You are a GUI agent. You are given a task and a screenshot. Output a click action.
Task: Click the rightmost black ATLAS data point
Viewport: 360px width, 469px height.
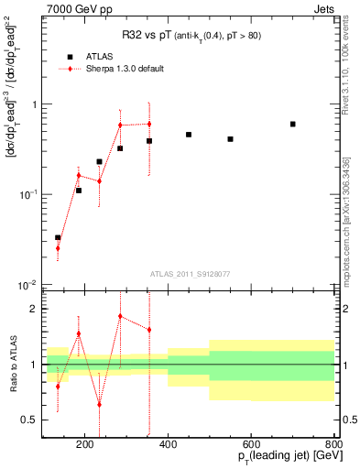[x=292, y=124]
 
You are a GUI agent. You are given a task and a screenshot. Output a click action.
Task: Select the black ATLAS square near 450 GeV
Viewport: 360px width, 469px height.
[x=189, y=135]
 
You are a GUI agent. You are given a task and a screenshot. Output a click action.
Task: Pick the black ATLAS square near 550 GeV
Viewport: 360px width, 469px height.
[x=230, y=139]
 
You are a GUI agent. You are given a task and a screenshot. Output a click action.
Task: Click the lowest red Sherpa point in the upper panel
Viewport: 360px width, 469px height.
[x=58, y=248]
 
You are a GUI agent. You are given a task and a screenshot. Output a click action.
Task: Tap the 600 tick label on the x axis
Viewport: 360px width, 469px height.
[x=251, y=446]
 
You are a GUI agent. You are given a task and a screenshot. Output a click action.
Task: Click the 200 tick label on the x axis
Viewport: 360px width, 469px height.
[x=85, y=446]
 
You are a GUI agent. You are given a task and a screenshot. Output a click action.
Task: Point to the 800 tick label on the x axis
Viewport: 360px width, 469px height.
[x=333, y=446]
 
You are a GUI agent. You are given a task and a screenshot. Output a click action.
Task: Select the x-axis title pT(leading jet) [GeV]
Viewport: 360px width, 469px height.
[x=278, y=459]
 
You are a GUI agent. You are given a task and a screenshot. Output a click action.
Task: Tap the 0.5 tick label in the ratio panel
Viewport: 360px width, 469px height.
[x=29, y=420]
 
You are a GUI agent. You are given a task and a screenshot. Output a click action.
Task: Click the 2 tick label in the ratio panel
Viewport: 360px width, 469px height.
[x=33, y=309]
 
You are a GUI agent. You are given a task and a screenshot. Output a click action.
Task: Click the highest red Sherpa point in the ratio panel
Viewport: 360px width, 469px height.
[x=120, y=316]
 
